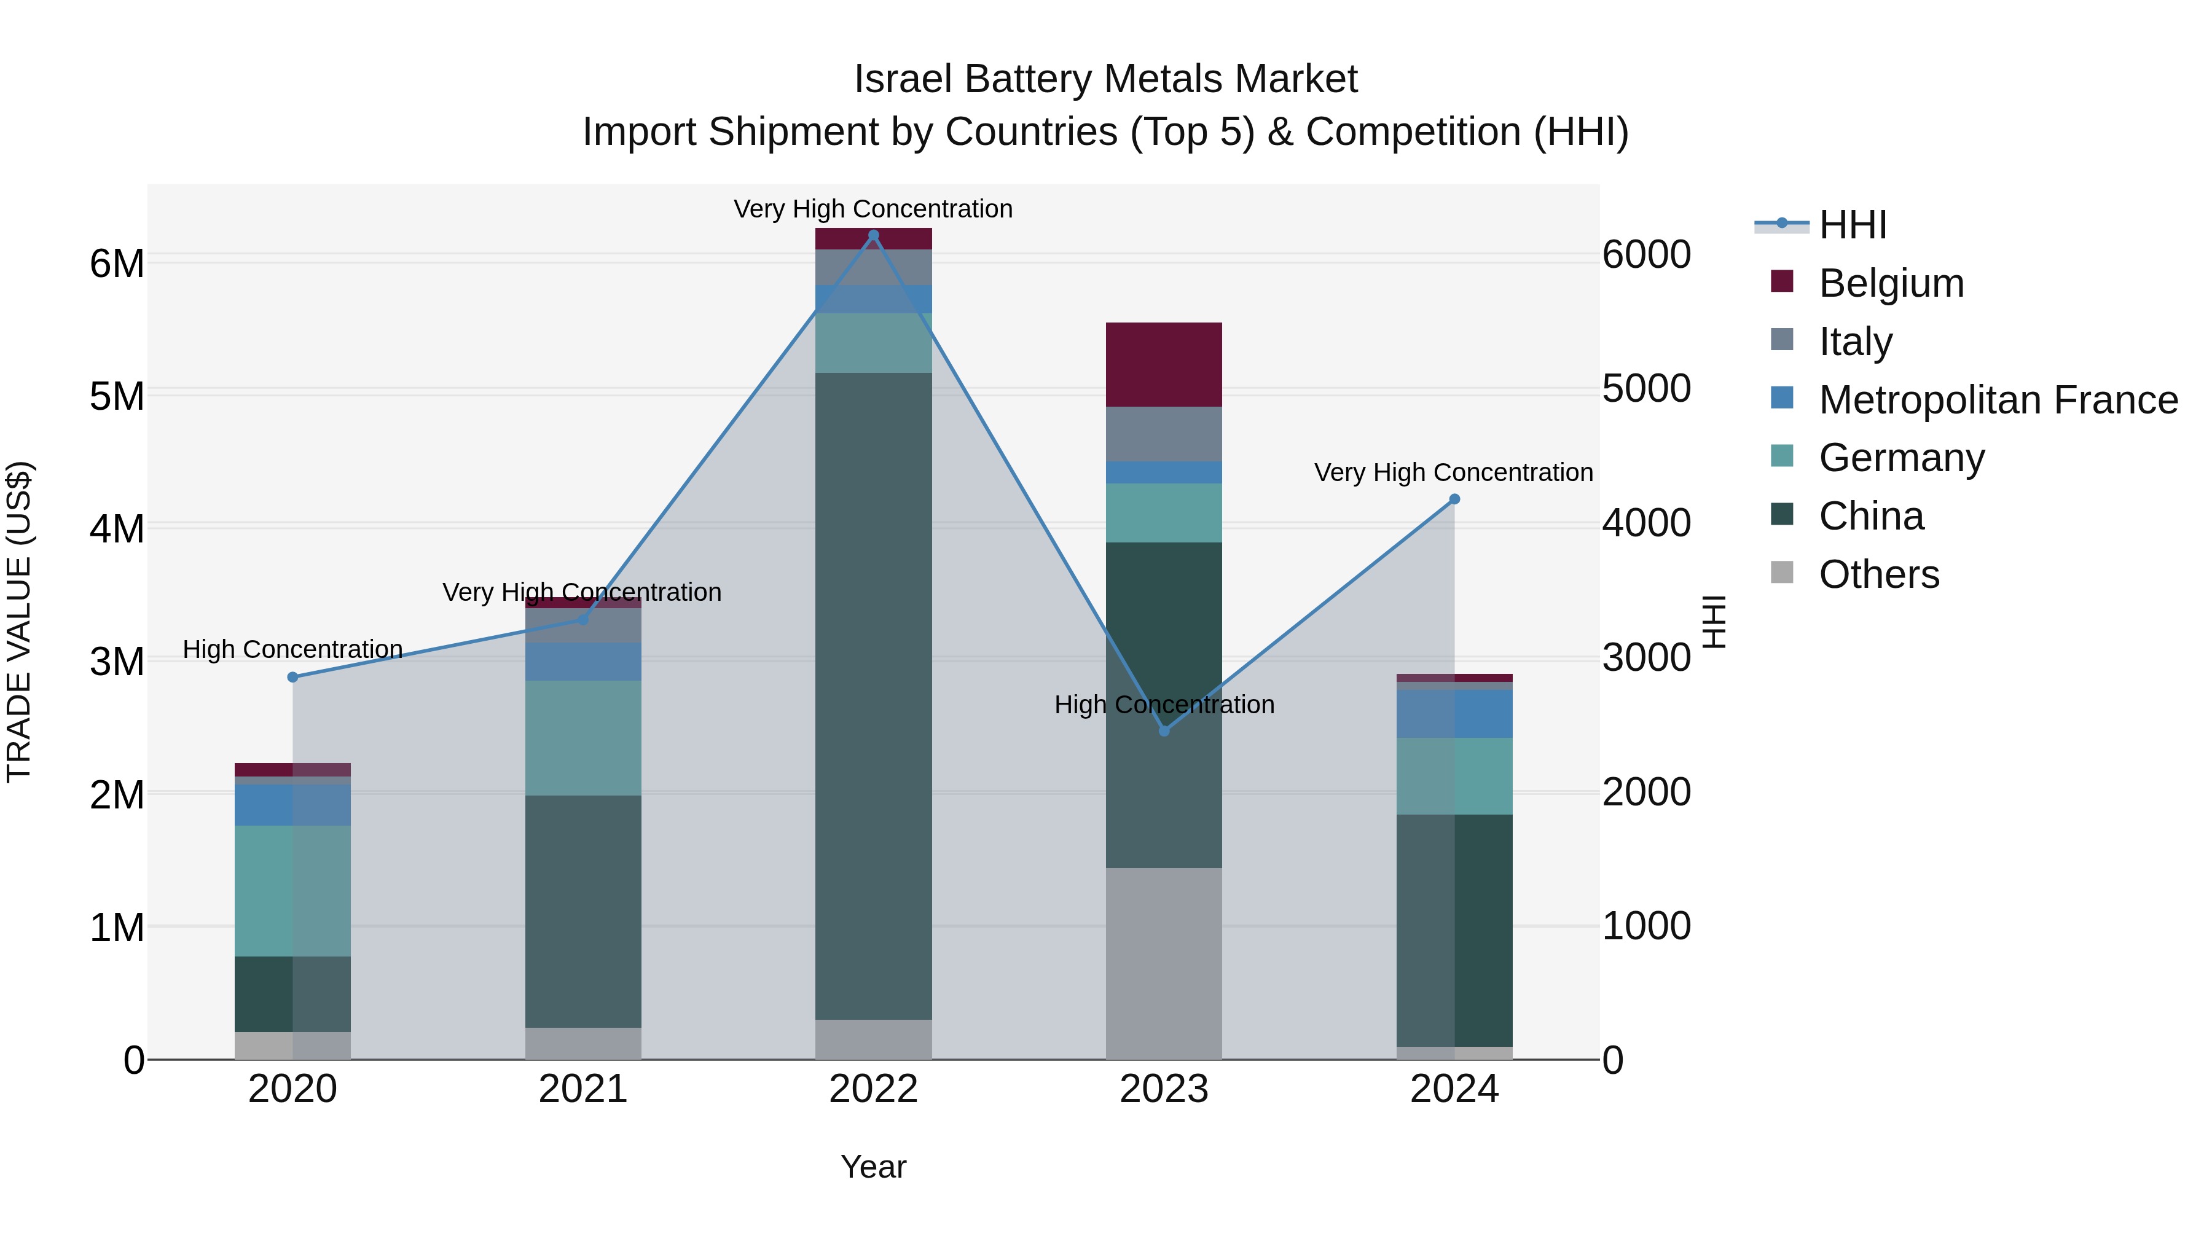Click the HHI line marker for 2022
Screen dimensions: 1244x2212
[873, 235]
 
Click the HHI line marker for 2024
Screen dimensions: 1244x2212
[1454, 499]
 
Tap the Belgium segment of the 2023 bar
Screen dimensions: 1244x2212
[1164, 365]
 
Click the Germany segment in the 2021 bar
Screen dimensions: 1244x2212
[583, 738]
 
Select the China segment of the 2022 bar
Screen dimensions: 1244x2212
[873, 695]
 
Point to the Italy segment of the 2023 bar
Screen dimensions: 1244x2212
[1164, 434]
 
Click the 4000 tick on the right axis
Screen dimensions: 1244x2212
[1646, 523]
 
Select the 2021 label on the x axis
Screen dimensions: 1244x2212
[583, 1089]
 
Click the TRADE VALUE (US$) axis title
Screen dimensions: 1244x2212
[19, 622]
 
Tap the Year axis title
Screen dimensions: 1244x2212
[873, 1167]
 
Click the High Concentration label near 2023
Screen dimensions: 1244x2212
[1164, 705]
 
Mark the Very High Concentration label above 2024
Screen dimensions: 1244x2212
[1453, 472]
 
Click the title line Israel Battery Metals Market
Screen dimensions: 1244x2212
[1105, 79]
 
